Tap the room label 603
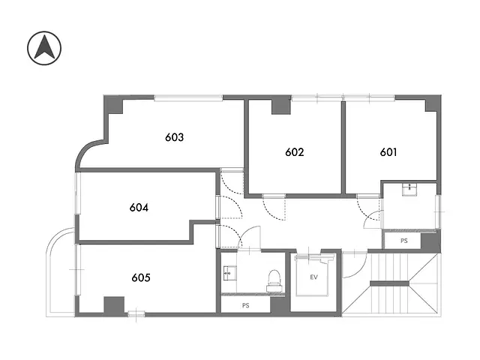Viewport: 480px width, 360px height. [175, 137]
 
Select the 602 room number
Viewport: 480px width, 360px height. [295, 151]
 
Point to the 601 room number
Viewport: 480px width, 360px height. [388, 151]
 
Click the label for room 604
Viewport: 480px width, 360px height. [139, 208]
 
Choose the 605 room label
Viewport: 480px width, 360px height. [140, 277]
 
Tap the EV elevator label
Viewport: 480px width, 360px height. [314, 277]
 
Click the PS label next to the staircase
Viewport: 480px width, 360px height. [403, 241]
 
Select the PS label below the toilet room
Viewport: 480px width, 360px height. [245, 305]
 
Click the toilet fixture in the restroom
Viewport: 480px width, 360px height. [275, 279]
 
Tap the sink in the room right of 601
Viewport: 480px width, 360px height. [409, 190]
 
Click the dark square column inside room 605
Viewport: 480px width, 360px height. [113, 305]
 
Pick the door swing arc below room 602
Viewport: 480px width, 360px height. [275, 208]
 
